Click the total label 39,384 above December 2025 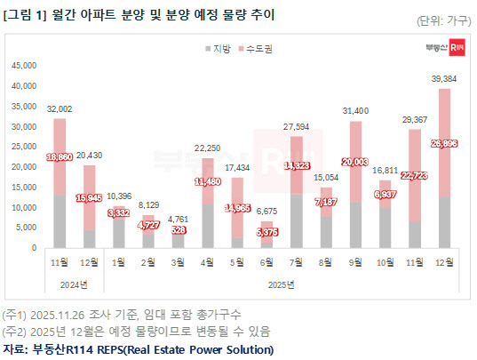coord(443,79)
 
